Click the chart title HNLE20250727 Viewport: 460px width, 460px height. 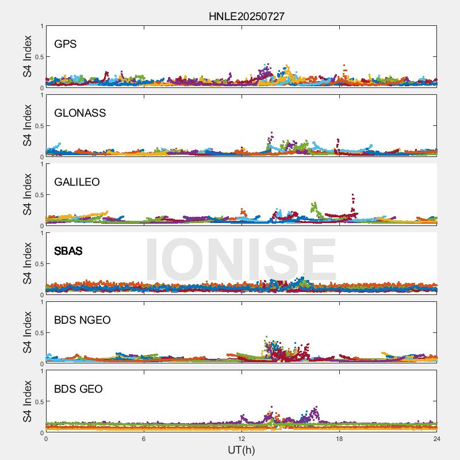(246, 17)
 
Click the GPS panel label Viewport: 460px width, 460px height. (66, 44)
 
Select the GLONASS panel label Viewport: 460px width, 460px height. (80, 113)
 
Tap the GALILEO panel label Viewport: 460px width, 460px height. (77, 182)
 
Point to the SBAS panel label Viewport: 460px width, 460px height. (68, 251)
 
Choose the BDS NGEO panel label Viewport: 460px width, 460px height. (82, 320)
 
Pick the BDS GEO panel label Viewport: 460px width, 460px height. (78, 389)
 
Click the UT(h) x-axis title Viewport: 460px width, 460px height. (241, 450)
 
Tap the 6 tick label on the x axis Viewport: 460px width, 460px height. (144, 439)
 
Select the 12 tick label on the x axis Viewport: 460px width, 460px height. (241, 439)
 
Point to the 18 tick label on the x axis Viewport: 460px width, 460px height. (339, 439)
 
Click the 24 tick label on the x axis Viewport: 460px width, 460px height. (437, 439)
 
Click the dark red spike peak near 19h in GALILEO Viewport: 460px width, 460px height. (352, 195)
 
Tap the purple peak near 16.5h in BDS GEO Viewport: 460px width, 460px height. (315, 409)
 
